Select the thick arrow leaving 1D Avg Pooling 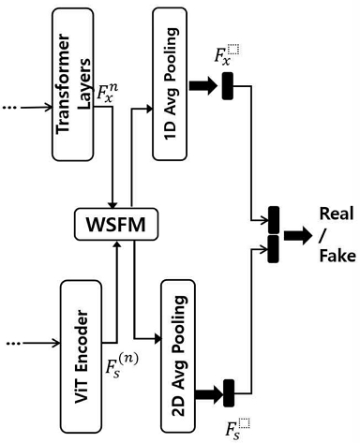[203, 88]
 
